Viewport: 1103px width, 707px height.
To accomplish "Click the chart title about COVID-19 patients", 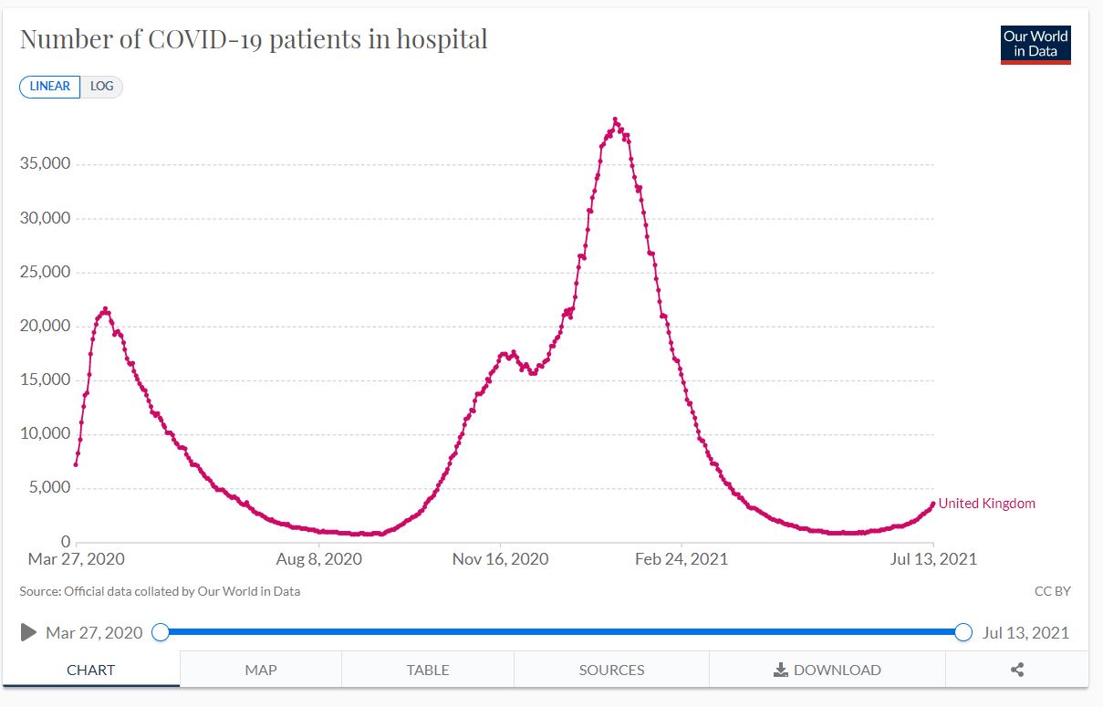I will [x=254, y=39].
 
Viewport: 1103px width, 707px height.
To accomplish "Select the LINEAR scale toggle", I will [x=50, y=86].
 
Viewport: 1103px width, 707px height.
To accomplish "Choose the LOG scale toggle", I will [x=102, y=86].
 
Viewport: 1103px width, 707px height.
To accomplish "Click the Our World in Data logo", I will [x=1035, y=45].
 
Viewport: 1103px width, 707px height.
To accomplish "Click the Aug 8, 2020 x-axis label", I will [x=318, y=558].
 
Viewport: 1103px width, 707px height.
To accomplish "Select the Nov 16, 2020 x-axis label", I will [x=500, y=558].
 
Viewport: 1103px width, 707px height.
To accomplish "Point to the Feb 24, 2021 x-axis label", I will [x=682, y=558].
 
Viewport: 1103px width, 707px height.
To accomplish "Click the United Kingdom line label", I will [x=986, y=504].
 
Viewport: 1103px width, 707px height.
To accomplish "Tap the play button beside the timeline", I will [x=28, y=632].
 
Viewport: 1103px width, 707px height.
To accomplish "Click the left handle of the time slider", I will [x=161, y=632].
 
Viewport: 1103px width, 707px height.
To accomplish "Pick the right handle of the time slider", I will [x=963, y=632].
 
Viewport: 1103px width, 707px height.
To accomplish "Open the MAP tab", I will [x=261, y=670].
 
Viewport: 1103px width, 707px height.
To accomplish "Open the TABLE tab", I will [x=428, y=670].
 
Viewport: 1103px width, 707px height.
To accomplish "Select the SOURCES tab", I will [x=611, y=670].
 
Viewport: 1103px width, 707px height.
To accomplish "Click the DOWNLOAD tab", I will [x=827, y=670].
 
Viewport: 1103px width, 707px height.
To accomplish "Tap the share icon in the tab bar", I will [x=1017, y=670].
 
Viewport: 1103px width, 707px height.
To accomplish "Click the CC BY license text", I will [x=1052, y=591].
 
